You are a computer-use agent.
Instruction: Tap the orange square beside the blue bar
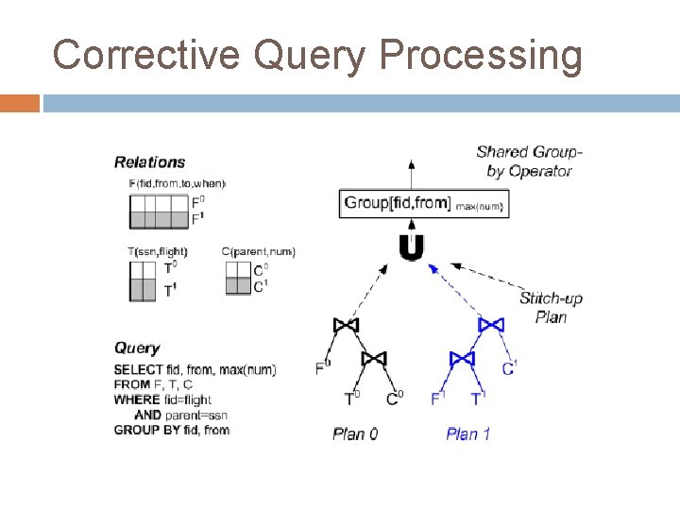pos(19,103)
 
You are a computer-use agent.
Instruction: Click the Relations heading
pos(149,162)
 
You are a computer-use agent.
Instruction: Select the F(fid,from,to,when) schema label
pos(177,183)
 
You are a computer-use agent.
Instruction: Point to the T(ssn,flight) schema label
pos(158,251)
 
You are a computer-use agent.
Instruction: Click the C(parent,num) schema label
pos(258,251)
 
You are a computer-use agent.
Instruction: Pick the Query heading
pos(137,348)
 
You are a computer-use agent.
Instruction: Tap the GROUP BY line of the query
pos(171,430)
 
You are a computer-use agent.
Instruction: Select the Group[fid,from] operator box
pos(423,203)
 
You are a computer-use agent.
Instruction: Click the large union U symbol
pos(411,247)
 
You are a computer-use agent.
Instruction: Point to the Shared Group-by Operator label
pos(529,161)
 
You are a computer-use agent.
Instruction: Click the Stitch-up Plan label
pos(551,308)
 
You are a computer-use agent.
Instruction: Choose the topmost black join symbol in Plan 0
pos(347,326)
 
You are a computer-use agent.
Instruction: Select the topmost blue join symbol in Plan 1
pos(491,326)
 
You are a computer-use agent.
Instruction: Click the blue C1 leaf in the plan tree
pos(509,367)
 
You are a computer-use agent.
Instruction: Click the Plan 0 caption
pos(355,434)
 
